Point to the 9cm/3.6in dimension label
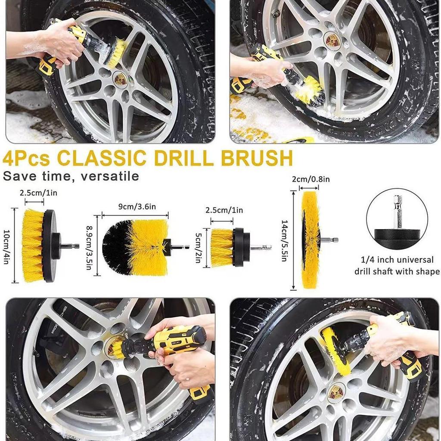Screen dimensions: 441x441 pyautogui.click(x=134, y=207)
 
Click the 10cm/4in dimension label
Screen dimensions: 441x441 pyautogui.click(x=7, y=246)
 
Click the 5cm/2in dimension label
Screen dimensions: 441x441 pyautogui.click(x=199, y=247)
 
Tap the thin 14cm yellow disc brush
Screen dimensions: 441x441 pyautogui.click(x=310, y=240)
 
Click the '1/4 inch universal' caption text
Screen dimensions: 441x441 pyautogui.click(x=397, y=260)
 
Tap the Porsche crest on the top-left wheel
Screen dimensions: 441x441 pyautogui.click(x=121, y=79)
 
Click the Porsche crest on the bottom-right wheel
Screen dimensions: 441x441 pyautogui.click(x=336, y=392)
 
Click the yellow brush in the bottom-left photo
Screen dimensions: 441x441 pyautogui.click(x=115, y=348)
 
